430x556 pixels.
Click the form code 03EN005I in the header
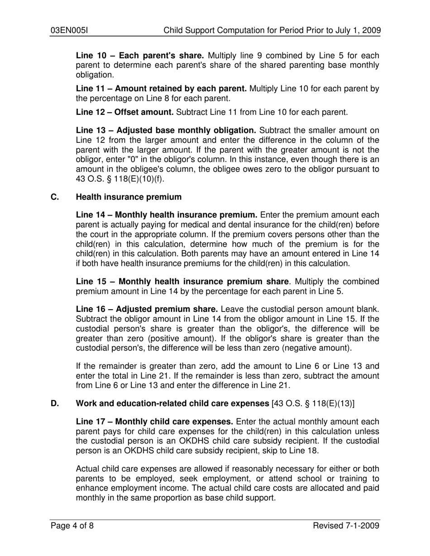click(69, 31)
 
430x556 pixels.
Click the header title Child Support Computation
click(272, 31)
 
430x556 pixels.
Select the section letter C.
click(54, 197)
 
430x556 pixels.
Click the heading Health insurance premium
click(129, 197)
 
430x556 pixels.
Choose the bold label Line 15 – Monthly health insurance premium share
click(182, 282)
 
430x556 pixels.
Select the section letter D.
click(54, 403)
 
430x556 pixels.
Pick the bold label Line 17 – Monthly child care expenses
click(154, 421)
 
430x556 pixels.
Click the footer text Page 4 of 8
click(72, 525)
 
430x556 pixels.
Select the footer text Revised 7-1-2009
click(346, 525)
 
